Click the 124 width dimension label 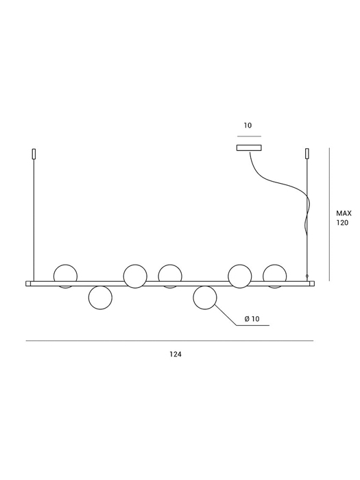coord(176,355)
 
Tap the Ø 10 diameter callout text coord(252,319)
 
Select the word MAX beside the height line coord(344,213)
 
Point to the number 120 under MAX coord(343,223)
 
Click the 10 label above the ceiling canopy coord(248,125)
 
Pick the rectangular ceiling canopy coord(249,148)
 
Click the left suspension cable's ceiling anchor coord(34,154)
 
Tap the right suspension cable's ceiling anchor coord(307,154)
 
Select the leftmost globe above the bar coord(66,276)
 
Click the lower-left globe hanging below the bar coord(100,298)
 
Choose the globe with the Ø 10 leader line coord(205,298)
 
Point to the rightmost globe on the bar coord(274,276)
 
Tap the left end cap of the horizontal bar coord(28,284)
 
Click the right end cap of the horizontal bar coord(312,284)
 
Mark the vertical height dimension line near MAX coord(329,214)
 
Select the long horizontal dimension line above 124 coord(169,340)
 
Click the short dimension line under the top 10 coord(249,136)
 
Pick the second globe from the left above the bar coord(135,276)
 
